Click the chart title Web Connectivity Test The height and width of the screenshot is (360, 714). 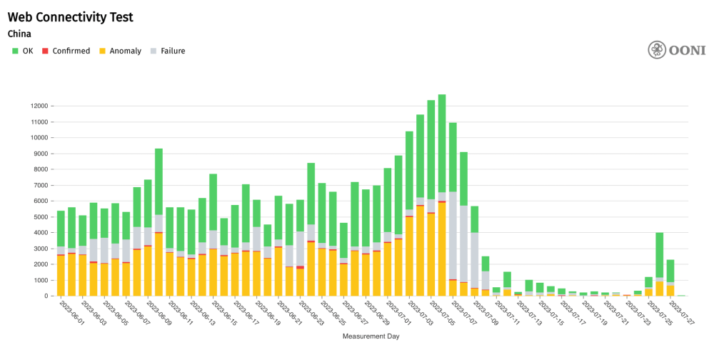click(x=70, y=17)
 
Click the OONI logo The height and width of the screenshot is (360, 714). click(x=676, y=50)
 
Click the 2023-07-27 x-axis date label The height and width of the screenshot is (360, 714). click(x=684, y=314)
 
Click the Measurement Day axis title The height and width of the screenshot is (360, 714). click(x=371, y=336)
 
